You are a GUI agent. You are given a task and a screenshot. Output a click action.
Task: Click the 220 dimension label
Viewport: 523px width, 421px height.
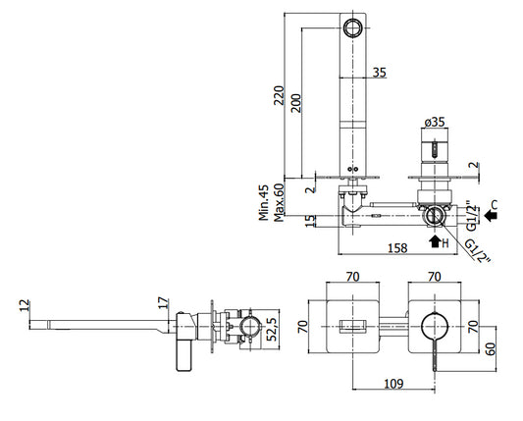[x=279, y=95]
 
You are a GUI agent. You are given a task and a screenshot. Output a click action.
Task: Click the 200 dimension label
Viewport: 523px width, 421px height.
[x=296, y=103]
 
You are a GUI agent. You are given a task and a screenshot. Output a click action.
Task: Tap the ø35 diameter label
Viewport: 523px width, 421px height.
[x=435, y=122]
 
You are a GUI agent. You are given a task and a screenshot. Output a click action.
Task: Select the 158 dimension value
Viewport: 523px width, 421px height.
[x=397, y=248]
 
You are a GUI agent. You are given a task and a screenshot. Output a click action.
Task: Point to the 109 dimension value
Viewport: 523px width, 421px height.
[x=393, y=384]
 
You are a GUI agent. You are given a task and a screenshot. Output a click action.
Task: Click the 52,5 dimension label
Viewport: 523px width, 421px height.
[x=273, y=330]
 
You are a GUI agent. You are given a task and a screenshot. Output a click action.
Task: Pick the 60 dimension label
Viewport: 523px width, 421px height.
[x=490, y=349]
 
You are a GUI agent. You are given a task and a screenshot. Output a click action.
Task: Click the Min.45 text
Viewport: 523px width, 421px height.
[x=264, y=202]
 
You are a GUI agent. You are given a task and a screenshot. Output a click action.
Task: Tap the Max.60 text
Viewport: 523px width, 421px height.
[x=279, y=202]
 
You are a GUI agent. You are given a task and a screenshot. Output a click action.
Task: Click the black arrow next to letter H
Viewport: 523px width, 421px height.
[x=435, y=241]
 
